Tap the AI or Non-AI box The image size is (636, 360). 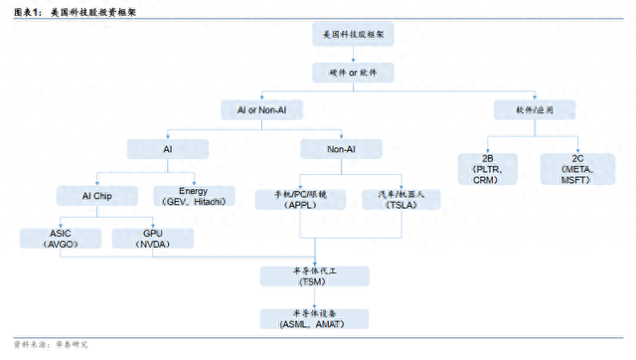(x=261, y=110)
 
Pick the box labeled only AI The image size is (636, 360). (x=167, y=149)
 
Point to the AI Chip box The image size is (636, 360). (x=96, y=196)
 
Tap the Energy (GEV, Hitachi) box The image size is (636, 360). (x=194, y=196)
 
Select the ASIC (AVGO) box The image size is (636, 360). (x=60, y=239)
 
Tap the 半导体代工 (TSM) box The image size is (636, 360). (x=314, y=275)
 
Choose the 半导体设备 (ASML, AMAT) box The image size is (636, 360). (x=314, y=318)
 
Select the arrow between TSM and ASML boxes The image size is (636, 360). (x=314, y=297)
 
